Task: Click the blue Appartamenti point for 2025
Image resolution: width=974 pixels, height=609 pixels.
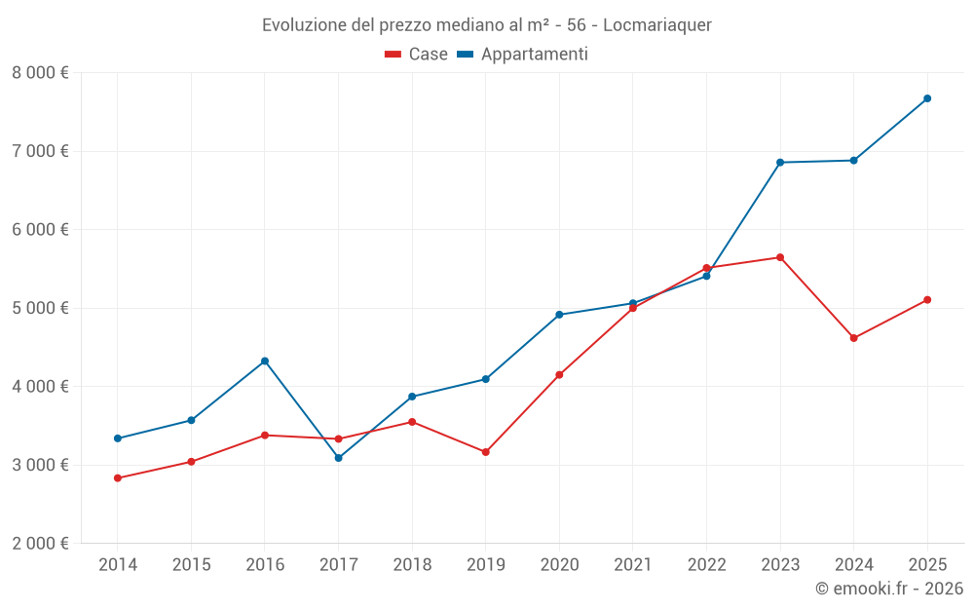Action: coord(927,98)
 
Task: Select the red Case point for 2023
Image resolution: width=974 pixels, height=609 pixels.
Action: coord(780,257)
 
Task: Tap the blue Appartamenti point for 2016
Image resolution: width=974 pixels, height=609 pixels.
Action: coord(265,362)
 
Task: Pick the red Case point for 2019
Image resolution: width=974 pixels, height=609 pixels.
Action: coord(485,452)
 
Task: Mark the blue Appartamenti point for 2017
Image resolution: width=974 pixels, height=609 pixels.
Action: coord(338,458)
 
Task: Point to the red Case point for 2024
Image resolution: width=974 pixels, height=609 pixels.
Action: coord(853,338)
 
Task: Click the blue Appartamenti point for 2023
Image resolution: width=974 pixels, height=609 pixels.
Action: coord(780,162)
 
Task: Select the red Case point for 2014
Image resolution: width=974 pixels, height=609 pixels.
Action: coord(117,478)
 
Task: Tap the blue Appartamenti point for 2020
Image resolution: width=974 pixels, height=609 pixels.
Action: coord(559,315)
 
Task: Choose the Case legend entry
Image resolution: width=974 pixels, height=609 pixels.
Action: coord(417,55)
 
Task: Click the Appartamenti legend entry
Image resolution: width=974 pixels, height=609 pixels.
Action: coord(523,55)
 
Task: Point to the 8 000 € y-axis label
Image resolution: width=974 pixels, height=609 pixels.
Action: coord(40,73)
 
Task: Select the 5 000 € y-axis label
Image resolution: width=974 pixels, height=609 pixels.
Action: coord(40,308)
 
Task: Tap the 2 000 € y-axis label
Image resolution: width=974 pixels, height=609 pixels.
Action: coord(40,544)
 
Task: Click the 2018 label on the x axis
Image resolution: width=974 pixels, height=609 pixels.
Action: coord(412,565)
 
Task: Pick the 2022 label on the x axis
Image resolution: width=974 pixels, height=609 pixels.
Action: coord(706,565)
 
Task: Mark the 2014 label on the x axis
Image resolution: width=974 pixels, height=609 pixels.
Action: coord(117,565)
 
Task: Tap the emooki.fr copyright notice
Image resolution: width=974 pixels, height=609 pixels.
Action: coord(889,589)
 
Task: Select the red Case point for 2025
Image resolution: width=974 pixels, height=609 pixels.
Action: coord(927,300)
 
